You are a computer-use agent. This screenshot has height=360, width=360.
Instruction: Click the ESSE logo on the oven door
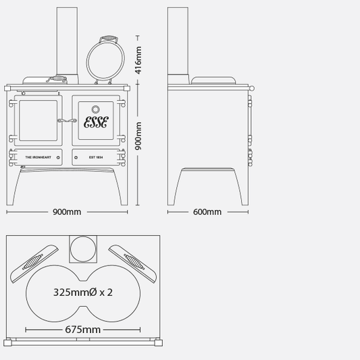(96, 122)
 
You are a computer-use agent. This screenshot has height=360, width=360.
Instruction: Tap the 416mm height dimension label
(138, 60)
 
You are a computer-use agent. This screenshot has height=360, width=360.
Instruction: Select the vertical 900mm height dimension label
(138, 136)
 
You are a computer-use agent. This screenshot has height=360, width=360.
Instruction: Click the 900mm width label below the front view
(67, 212)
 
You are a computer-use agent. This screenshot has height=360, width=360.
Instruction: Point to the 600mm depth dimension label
(207, 212)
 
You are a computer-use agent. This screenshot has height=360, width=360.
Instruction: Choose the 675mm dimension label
(82, 330)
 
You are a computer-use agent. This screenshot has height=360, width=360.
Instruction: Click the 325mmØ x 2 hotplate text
(83, 292)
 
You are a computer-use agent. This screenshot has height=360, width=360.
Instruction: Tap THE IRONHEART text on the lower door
(38, 157)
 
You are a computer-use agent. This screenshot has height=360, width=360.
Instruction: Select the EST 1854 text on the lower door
(96, 157)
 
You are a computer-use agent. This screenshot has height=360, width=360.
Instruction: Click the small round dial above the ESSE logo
(95, 109)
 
